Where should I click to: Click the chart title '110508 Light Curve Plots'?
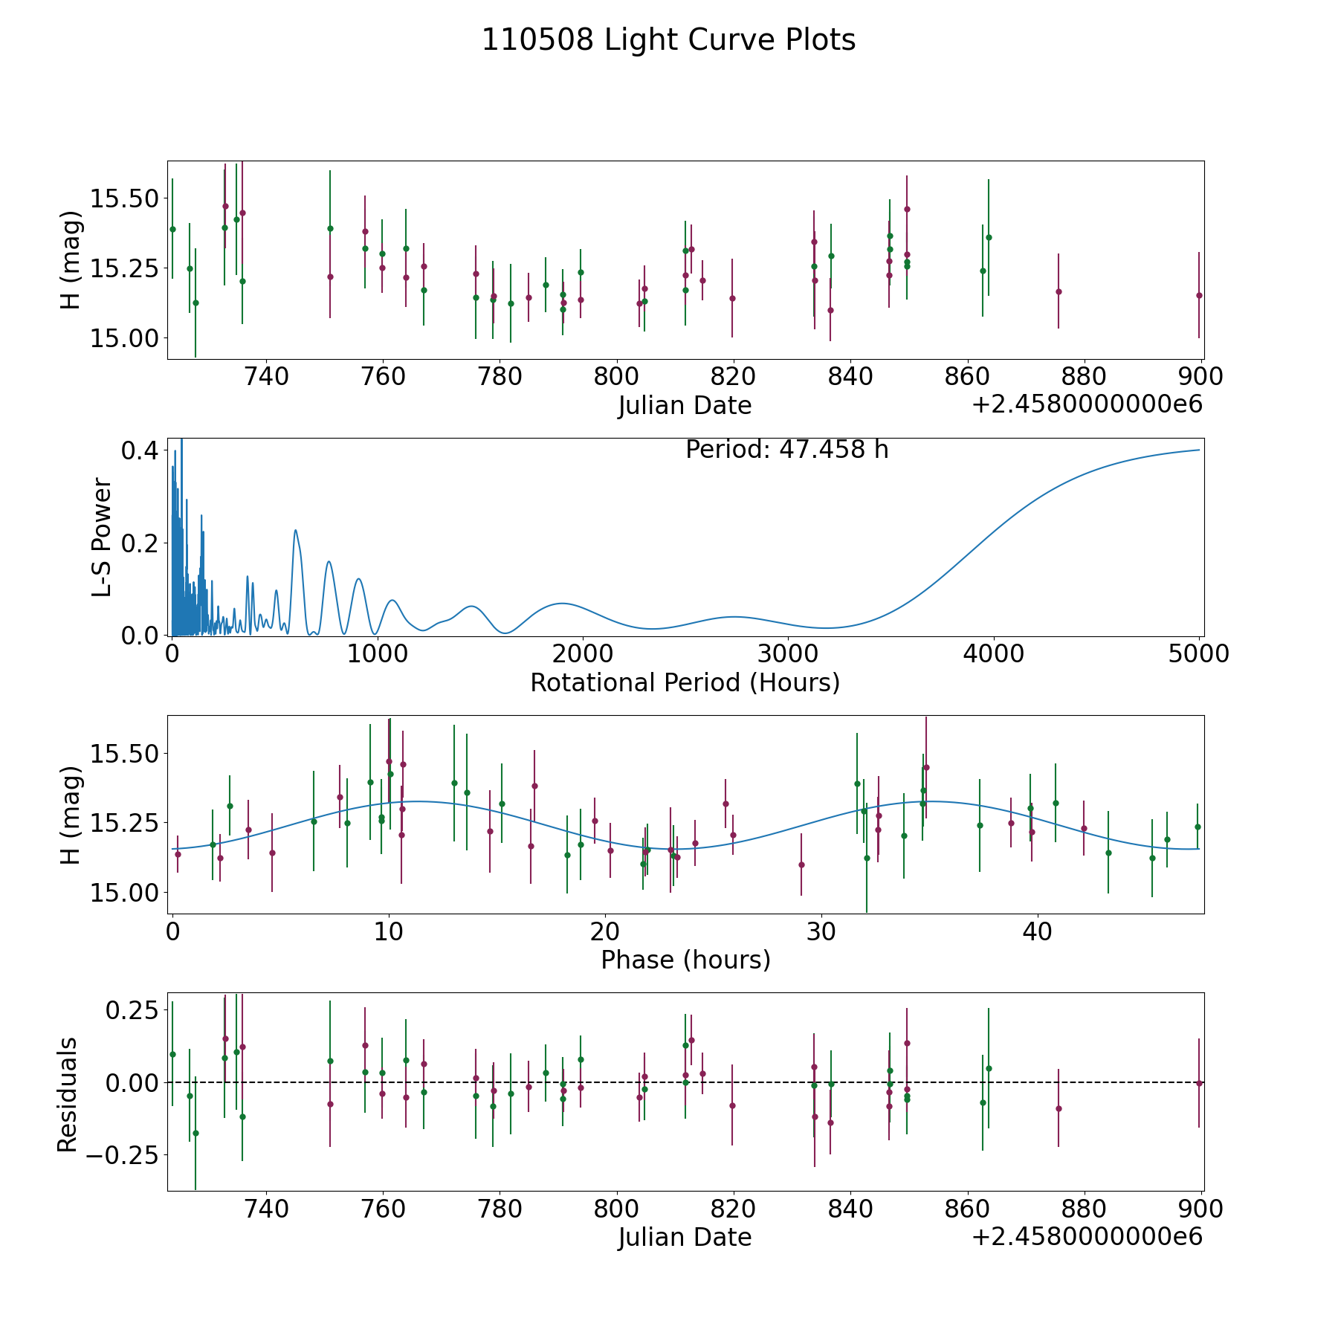(x=668, y=40)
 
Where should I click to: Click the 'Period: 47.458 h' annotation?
(x=786, y=450)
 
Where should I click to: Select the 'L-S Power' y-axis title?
(x=103, y=537)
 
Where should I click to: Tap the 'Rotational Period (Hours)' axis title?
(x=685, y=682)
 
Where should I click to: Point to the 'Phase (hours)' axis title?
(x=685, y=960)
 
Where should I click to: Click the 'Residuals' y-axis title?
(x=68, y=1094)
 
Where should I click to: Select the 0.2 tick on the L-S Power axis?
(x=141, y=543)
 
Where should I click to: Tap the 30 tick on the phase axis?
(x=821, y=931)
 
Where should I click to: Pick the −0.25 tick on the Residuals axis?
(x=122, y=1155)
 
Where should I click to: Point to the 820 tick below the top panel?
(x=733, y=377)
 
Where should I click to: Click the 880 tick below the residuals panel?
(x=1084, y=1209)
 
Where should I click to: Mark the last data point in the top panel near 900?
(x=1199, y=295)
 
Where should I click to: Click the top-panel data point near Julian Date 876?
(x=1059, y=291)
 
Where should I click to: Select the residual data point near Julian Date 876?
(x=1059, y=1108)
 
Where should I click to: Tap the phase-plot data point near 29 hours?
(x=801, y=864)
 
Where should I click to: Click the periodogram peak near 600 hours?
(x=295, y=530)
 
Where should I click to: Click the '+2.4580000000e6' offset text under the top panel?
(x=1087, y=405)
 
